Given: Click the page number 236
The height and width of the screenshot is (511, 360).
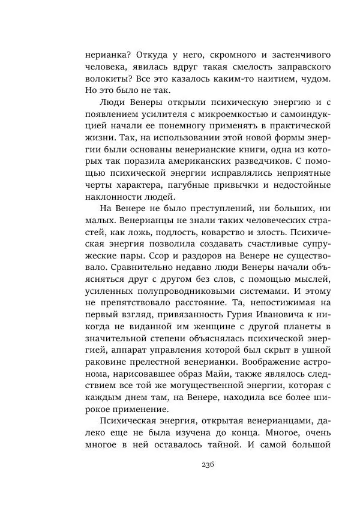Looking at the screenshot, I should click(208, 464).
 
